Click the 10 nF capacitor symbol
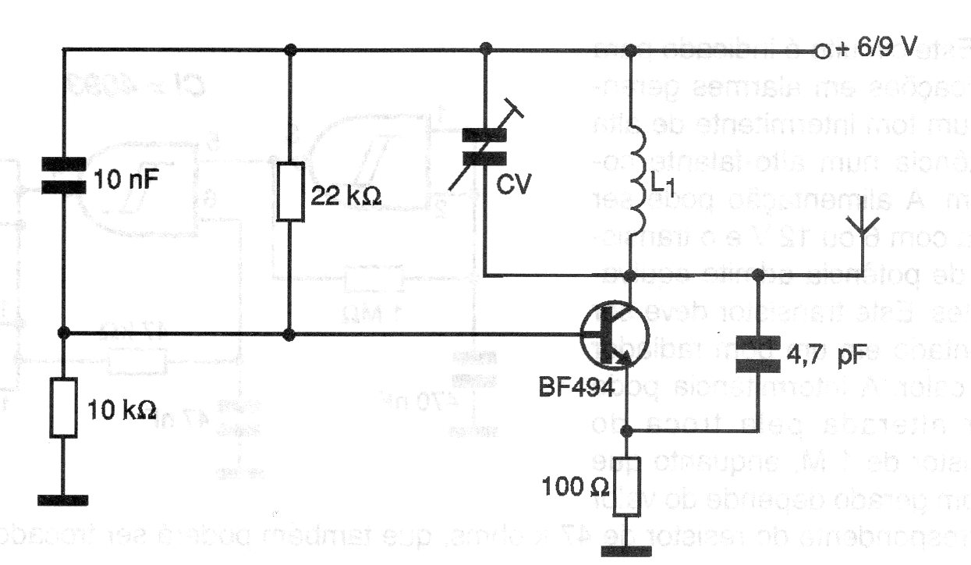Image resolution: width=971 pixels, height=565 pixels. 63,176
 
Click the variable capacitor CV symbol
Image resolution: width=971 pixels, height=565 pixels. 485,146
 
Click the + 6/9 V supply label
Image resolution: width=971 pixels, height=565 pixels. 877,48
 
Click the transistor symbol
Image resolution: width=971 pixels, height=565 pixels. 614,336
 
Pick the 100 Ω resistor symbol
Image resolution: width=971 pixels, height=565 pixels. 630,486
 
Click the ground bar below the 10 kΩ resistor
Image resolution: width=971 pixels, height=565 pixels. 62,500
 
